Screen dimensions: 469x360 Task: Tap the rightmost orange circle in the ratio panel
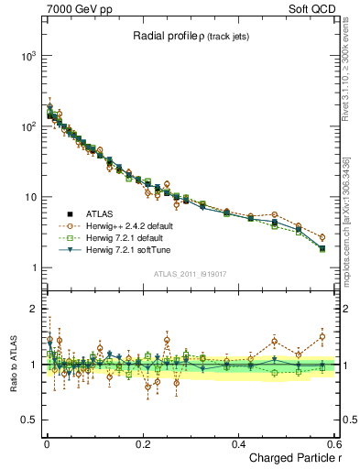(x=322, y=336)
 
